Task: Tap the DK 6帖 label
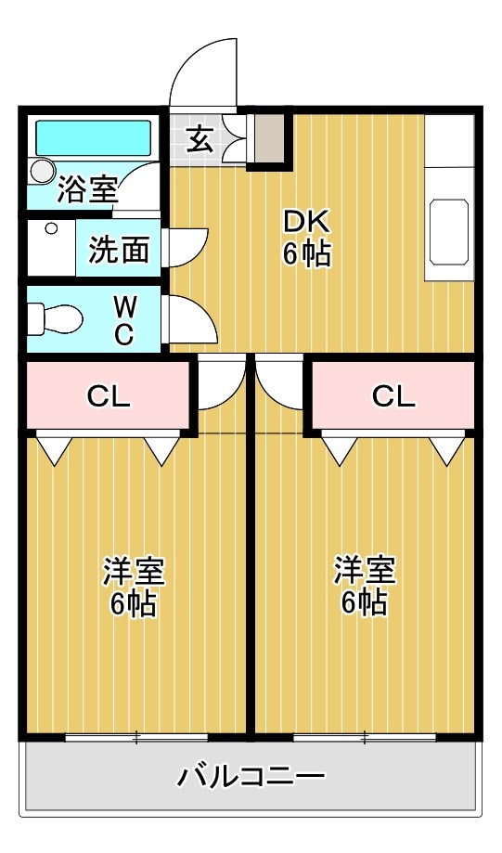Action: [307, 238]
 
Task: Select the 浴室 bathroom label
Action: [87, 189]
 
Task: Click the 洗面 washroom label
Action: [119, 249]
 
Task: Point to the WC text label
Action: [123, 320]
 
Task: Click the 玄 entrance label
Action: [200, 139]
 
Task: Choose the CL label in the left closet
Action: [109, 396]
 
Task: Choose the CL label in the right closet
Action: [394, 396]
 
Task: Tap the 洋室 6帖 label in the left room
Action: [134, 587]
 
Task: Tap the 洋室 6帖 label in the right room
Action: [365, 587]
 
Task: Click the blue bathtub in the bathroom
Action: [93, 137]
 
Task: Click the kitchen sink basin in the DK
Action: [450, 230]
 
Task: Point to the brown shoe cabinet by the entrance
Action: [269, 138]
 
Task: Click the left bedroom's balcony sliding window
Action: [136, 738]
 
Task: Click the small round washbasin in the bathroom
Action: [42, 171]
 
